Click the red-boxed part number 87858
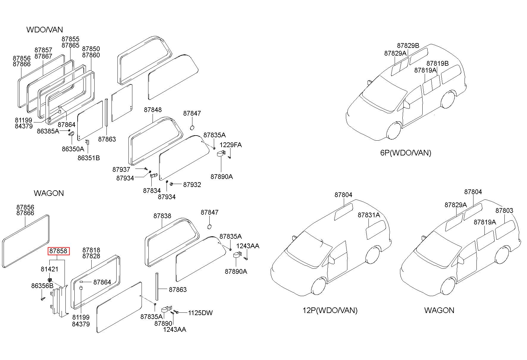click(59, 251)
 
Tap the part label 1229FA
click(230, 145)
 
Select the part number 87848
click(153, 110)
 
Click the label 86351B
click(89, 158)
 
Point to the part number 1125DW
click(200, 313)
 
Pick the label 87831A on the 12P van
click(369, 215)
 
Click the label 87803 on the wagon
click(504, 210)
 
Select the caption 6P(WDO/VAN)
click(406, 153)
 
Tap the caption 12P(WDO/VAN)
click(330, 310)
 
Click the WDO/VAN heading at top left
click(45, 29)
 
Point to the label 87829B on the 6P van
click(408, 45)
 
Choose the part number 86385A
click(48, 131)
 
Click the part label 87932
click(192, 185)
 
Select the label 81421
click(49, 269)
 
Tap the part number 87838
click(162, 216)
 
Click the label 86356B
click(42, 286)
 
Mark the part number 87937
click(121, 169)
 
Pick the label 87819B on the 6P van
click(437, 63)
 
